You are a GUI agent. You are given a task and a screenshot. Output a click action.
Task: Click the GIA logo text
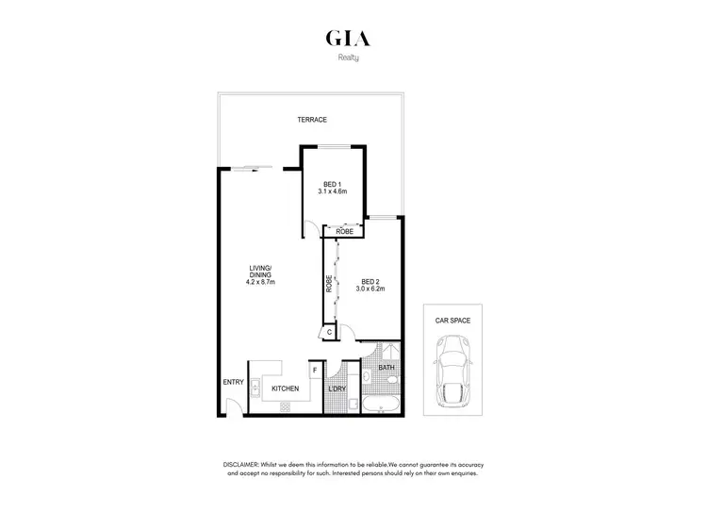[x=348, y=39]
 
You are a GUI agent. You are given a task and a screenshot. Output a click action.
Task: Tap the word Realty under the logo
[x=349, y=58]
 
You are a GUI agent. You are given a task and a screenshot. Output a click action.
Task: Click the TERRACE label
[x=312, y=121]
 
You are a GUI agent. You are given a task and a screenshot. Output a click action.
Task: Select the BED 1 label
[x=333, y=184]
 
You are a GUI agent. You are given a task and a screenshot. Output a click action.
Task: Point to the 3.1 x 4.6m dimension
[x=333, y=192]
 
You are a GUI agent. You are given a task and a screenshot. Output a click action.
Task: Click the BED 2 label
[x=370, y=281]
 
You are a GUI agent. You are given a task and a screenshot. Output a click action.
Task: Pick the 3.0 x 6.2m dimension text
[x=370, y=289]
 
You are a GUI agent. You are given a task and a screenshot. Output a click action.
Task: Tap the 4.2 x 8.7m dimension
[x=260, y=281]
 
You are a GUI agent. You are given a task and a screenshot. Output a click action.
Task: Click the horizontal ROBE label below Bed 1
[x=344, y=231]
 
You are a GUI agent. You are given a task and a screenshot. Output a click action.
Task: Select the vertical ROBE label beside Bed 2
[x=329, y=283]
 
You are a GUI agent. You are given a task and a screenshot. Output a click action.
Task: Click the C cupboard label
[x=330, y=332]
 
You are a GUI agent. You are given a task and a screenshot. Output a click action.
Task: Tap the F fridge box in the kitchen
[x=314, y=371]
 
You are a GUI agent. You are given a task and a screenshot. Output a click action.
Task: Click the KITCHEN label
[x=285, y=388]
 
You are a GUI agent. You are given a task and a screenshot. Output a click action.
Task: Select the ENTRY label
[x=233, y=382]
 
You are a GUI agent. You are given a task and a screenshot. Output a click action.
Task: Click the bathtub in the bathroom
[x=380, y=405]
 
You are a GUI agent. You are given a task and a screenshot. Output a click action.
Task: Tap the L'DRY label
[x=337, y=388]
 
